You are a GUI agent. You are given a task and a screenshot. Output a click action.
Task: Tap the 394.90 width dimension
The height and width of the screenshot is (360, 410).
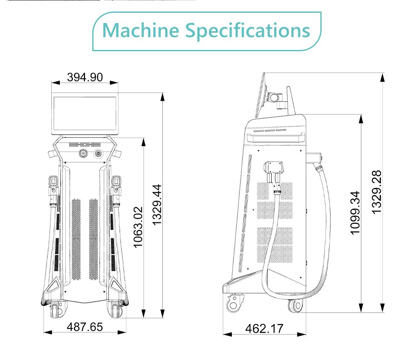(85, 77)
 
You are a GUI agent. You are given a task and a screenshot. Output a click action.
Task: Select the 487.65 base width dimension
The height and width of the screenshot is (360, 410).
(85, 327)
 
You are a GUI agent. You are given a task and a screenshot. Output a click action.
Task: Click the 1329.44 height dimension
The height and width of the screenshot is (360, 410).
(157, 205)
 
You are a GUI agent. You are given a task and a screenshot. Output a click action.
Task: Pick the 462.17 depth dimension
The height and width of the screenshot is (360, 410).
(264, 328)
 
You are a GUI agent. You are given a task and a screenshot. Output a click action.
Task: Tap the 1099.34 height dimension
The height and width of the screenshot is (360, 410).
(355, 212)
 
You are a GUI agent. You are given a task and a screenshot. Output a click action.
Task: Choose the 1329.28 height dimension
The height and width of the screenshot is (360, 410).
(376, 191)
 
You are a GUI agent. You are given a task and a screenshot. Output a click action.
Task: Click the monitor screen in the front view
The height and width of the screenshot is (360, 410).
(85, 114)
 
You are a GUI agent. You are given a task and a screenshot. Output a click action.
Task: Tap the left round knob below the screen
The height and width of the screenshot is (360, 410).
(82, 153)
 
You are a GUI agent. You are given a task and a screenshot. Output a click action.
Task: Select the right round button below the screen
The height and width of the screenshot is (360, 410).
(99, 153)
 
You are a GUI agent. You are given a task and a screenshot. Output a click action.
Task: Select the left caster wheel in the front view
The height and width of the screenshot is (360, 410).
(57, 310)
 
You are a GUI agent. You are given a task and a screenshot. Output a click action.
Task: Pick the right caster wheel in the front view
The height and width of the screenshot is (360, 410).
(114, 310)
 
